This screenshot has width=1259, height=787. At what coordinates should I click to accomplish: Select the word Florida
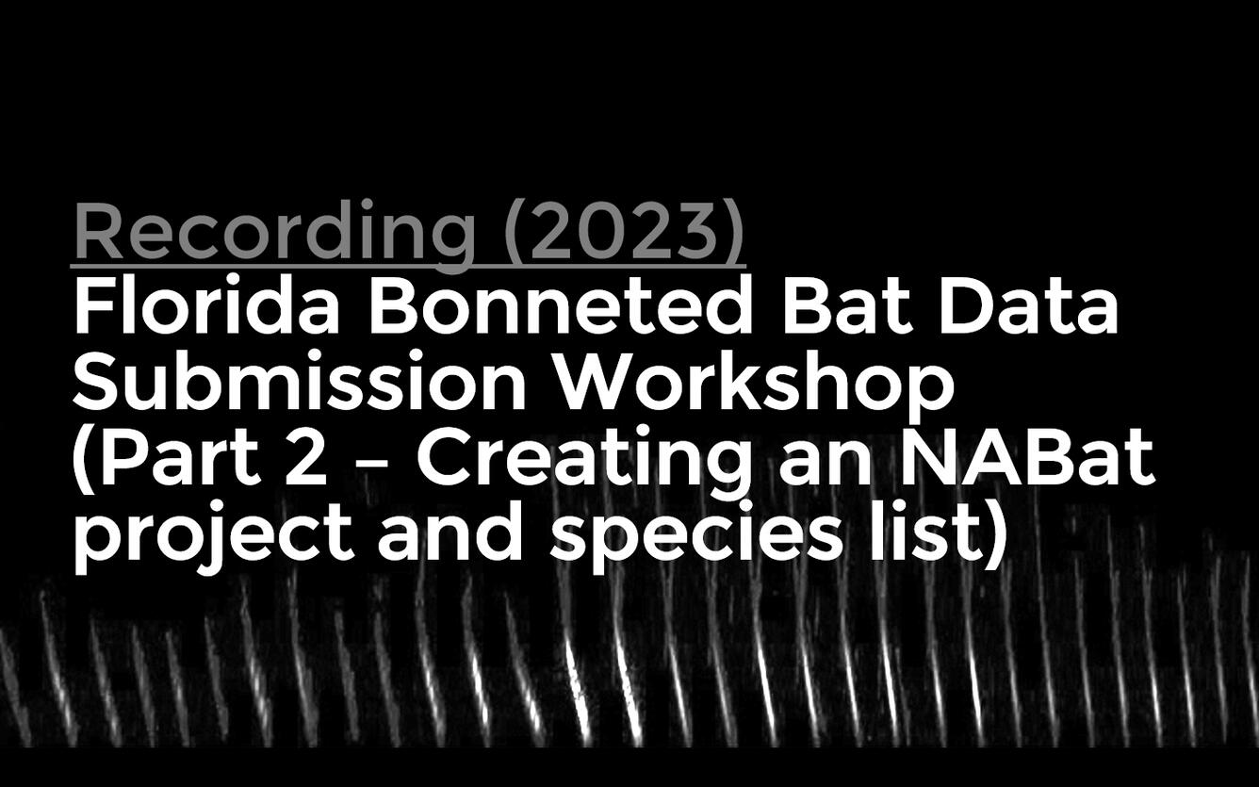pos(205,307)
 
